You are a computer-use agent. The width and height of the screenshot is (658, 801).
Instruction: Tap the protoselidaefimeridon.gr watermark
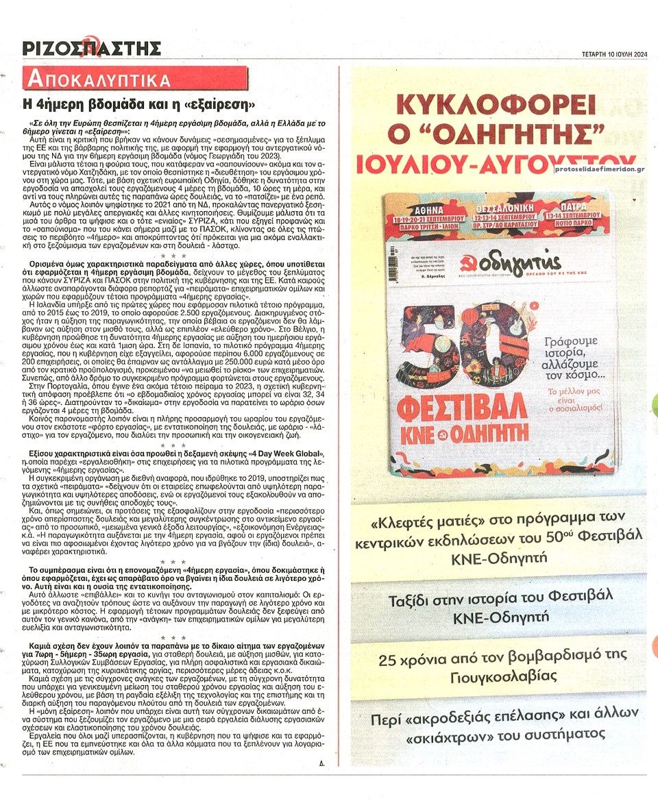(600, 169)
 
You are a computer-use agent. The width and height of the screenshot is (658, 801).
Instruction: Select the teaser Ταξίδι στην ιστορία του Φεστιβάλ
(498, 606)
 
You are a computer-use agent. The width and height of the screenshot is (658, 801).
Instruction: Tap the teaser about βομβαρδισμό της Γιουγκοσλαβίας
(498, 666)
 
